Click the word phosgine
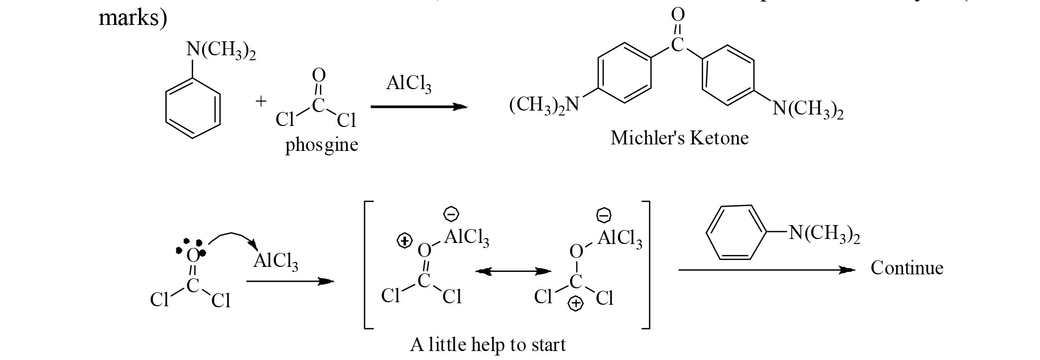click(x=321, y=145)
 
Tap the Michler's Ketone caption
click(x=679, y=138)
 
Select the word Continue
click(x=907, y=268)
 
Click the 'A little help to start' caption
click(x=488, y=345)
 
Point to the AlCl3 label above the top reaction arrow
click(x=408, y=84)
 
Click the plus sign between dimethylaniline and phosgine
click(x=261, y=102)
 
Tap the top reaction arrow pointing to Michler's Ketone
click(x=418, y=107)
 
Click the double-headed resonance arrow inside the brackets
click(x=513, y=271)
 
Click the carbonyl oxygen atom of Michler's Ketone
click(x=678, y=15)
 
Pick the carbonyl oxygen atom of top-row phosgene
click(x=318, y=75)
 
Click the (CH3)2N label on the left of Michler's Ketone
click(x=544, y=105)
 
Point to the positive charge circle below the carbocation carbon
click(x=576, y=303)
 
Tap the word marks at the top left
click(x=132, y=18)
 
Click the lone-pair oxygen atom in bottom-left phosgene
click(x=192, y=255)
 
